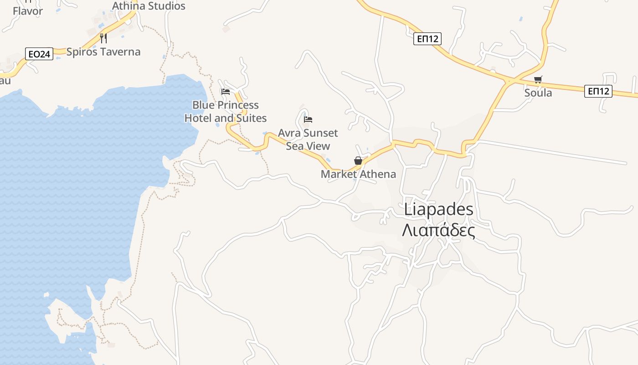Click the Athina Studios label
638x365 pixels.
pos(149,6)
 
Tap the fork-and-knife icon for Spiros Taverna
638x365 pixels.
pos(103,37)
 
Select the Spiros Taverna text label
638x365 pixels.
pos(103,52)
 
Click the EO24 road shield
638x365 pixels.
pos(39,54)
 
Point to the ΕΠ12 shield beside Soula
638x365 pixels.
pos(598,91)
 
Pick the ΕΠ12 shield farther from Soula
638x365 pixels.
pos(428,39)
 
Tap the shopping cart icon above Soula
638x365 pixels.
pos(538,80)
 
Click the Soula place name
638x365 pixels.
pos(538,93)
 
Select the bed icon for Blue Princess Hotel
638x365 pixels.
pos(225,91)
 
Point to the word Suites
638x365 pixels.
pos(251,118)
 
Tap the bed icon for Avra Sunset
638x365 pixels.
pos(308,120)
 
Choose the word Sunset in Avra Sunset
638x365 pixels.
pos(321,133)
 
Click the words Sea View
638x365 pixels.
pos(308,146)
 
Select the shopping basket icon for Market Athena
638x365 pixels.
pos(358,161)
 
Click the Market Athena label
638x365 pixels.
pos(358,174)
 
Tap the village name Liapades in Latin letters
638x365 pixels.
pos(438,209)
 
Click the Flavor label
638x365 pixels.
pos(28,11)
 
